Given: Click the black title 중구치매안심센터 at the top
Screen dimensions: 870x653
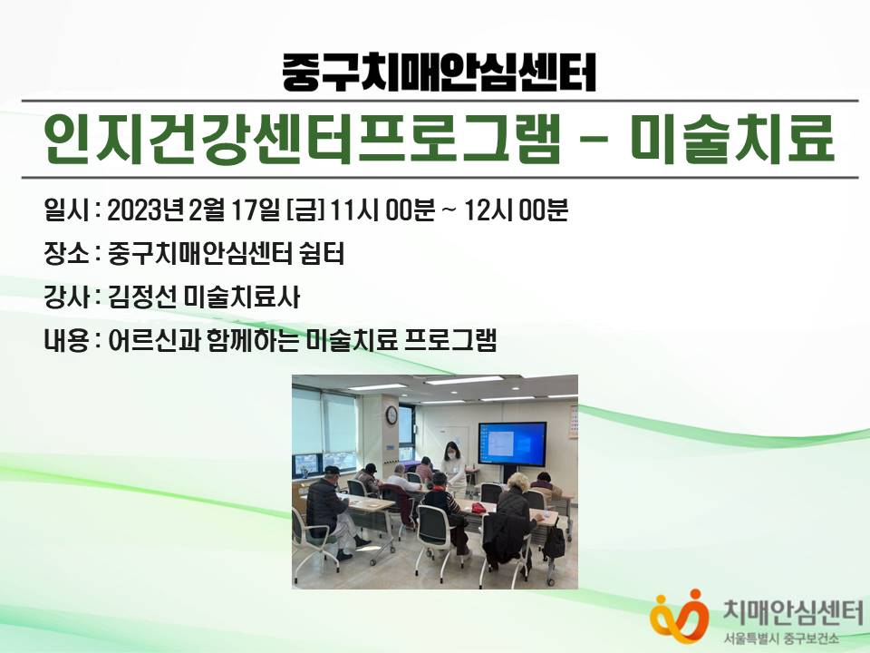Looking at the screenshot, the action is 439,72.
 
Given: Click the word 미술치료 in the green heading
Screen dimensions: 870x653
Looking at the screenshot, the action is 732,139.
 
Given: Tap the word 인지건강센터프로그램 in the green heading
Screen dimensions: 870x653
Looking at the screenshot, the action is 302,139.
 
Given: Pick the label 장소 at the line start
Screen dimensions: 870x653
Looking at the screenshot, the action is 66,254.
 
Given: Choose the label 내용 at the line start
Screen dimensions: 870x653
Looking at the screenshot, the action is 66,340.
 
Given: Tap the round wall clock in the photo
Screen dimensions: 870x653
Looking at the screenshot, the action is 391,414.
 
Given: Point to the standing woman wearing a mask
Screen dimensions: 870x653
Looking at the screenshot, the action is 453,466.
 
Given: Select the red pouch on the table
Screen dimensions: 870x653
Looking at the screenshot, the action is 478,508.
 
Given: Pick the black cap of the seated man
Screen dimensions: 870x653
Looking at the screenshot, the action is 332,471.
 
